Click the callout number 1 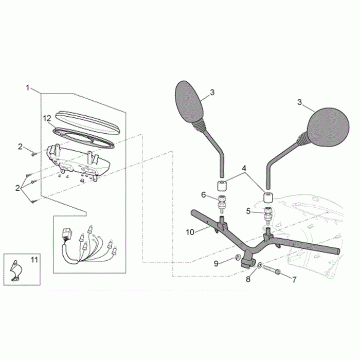[x=28, y=88]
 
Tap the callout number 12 [x=47, y=118]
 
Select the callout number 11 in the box [x=34, y=260]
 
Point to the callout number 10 [x=190, y=232]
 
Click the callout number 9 [x=216, y=263]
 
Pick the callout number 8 [x=248, y=279]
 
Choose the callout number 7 [x=294, y=279]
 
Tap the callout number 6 [x=204, y=195]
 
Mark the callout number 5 [x=248, y=211]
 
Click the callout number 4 [x=244, y=168]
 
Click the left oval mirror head [x=189, y=101]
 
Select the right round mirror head [x=328, y=127]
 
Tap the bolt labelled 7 [x=271, y=269]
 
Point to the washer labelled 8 [x=259, y=265]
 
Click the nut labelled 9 [x=238, y=257]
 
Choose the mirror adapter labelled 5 [x=268, y=213]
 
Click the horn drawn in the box [x=15, y=271]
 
